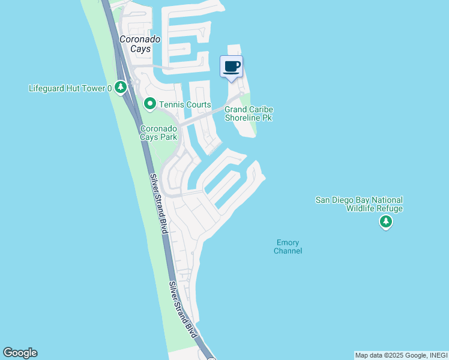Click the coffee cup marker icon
232,67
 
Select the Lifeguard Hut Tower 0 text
70,88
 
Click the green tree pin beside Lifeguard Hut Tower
121,88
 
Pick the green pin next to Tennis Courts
149,105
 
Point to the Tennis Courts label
185,105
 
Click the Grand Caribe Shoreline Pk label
249,114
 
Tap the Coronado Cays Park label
158,133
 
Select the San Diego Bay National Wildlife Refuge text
360,204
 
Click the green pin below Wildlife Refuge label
386,223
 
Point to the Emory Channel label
288,247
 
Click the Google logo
20,353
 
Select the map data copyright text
400,355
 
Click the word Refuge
388,208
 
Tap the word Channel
288,251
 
